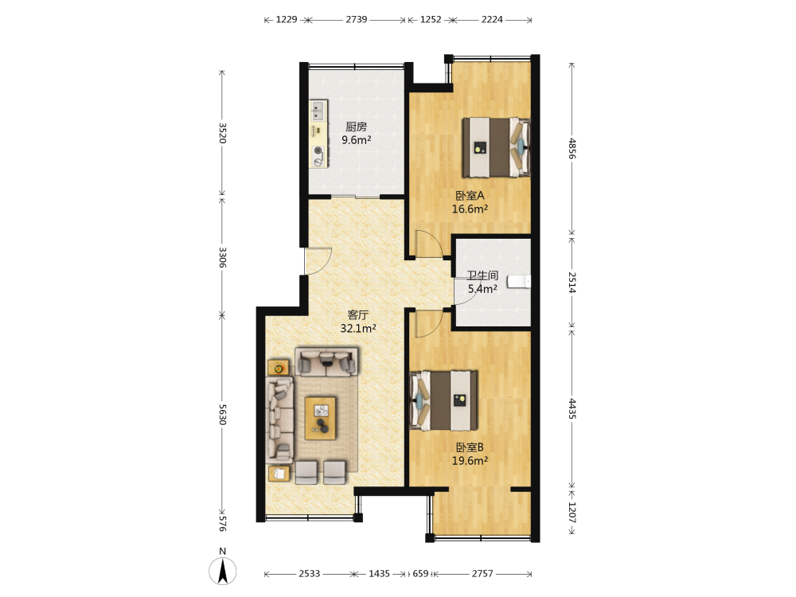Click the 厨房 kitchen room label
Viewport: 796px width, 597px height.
356,127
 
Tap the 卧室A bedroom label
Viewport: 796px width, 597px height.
470,196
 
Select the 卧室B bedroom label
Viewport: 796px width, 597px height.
470,447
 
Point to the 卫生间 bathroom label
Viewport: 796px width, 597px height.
482,275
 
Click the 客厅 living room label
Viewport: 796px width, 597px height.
358,315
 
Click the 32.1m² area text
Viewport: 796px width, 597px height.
358,329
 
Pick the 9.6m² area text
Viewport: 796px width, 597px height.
356,140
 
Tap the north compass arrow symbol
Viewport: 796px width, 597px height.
222,571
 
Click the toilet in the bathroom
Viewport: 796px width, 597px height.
519,281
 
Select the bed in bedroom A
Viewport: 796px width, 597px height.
495,147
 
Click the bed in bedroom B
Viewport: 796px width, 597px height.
443,400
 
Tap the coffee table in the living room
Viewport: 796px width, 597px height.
320,419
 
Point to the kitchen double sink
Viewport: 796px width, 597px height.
318,110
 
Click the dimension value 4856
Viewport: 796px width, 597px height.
572,148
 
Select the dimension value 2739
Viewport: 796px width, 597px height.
357,19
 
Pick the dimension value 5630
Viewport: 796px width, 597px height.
222,415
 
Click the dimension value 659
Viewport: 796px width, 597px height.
420,573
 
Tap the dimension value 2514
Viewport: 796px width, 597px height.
572,283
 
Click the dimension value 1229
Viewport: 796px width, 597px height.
287,19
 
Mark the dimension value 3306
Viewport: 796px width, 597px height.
222,257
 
